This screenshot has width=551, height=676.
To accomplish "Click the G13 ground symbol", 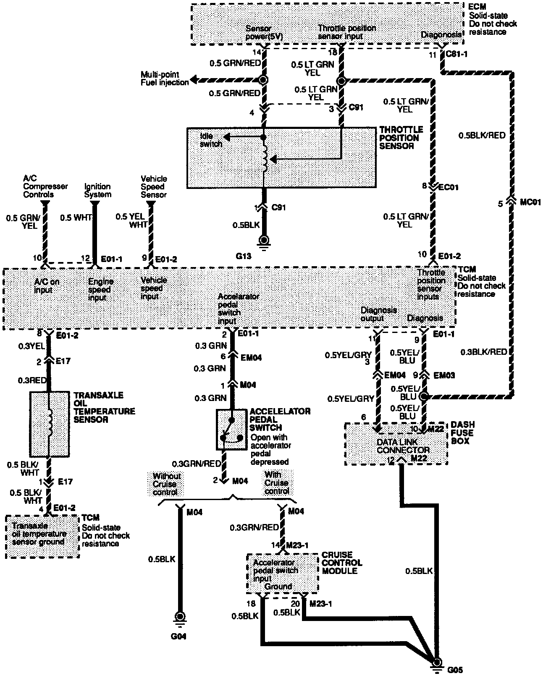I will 264,241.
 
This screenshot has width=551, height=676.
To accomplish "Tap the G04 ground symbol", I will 181,617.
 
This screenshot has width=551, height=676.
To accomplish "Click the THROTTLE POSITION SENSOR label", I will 401,138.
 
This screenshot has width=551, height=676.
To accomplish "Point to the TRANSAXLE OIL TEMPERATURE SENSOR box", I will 50,424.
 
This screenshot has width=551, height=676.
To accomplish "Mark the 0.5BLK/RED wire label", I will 482,136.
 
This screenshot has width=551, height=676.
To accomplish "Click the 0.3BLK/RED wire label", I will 483,352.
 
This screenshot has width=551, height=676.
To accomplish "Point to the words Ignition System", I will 97,190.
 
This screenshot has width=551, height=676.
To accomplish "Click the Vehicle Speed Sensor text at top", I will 154,186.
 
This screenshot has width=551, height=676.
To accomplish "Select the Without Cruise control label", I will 166,483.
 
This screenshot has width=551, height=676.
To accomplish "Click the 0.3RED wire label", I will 32,380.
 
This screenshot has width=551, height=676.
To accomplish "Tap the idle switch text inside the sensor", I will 211,140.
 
